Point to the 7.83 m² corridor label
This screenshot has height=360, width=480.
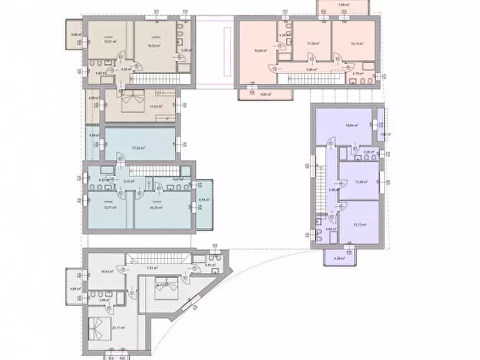pos(152,267)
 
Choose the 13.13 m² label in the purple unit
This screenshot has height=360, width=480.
pos(360,225)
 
